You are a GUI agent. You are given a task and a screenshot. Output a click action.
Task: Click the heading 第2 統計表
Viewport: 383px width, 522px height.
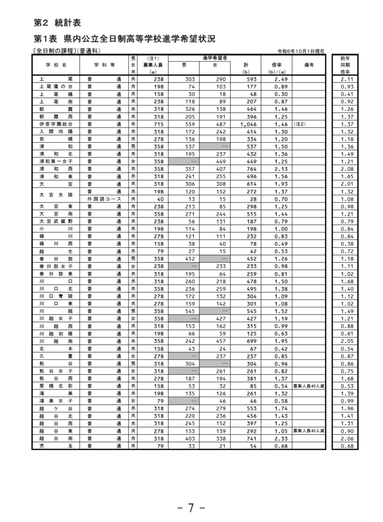tap(57, 23)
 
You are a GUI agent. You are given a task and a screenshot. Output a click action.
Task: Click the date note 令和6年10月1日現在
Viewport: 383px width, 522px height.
tap(300, 51)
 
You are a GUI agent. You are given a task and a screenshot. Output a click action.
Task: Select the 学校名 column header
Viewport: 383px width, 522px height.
tap(57, 65)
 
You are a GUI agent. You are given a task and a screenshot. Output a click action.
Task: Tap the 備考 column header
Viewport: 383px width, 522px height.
tap(309, 65)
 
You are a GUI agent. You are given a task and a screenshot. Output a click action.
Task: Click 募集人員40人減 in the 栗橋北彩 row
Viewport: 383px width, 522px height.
tap(309, 386)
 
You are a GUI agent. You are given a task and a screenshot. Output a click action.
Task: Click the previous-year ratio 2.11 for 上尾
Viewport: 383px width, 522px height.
tap(347, 80)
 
